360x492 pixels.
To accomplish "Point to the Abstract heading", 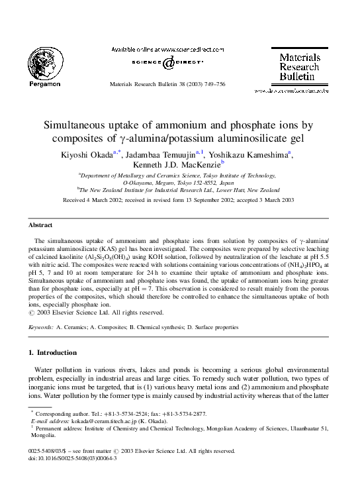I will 41,224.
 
